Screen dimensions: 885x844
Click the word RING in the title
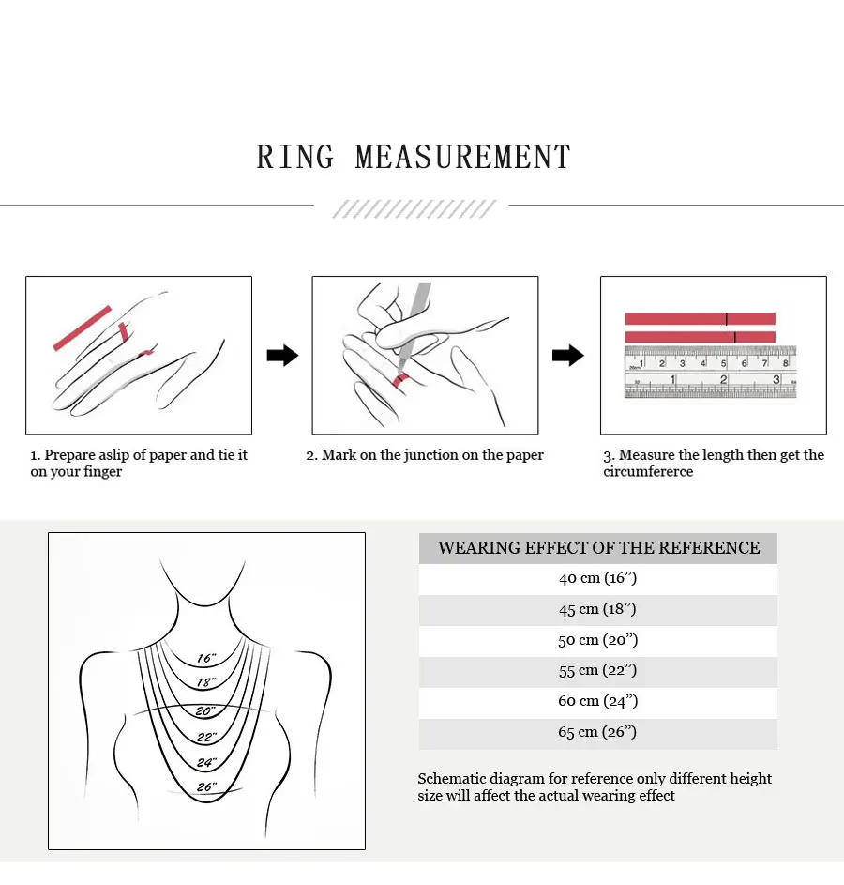295,158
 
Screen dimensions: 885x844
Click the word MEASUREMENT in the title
463,158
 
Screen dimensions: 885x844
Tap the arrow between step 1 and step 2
282,356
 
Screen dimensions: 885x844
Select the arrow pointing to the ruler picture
567,356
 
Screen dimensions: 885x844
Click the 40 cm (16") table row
597,579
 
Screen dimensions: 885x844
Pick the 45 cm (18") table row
597,610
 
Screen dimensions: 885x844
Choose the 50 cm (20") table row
597,641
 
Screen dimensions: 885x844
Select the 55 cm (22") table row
597,671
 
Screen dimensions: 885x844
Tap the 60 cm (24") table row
597,702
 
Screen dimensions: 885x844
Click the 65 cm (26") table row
597,733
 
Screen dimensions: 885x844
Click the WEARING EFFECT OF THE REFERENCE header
598,548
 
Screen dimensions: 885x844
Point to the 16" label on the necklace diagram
206,659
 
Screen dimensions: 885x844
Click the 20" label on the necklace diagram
206,711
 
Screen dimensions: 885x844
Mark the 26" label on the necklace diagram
206,787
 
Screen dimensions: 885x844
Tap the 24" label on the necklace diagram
206,762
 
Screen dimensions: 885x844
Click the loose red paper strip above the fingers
83,328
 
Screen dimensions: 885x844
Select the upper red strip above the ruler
700,318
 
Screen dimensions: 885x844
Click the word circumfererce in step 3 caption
648,472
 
